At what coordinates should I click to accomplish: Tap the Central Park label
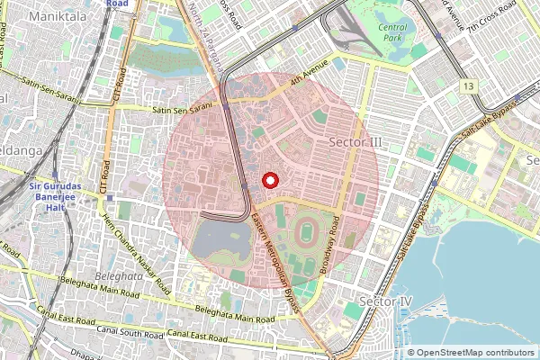(x=392, y=32)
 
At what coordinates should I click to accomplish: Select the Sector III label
(x=356, y=143)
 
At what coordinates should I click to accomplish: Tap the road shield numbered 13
(x=469, y=85)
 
